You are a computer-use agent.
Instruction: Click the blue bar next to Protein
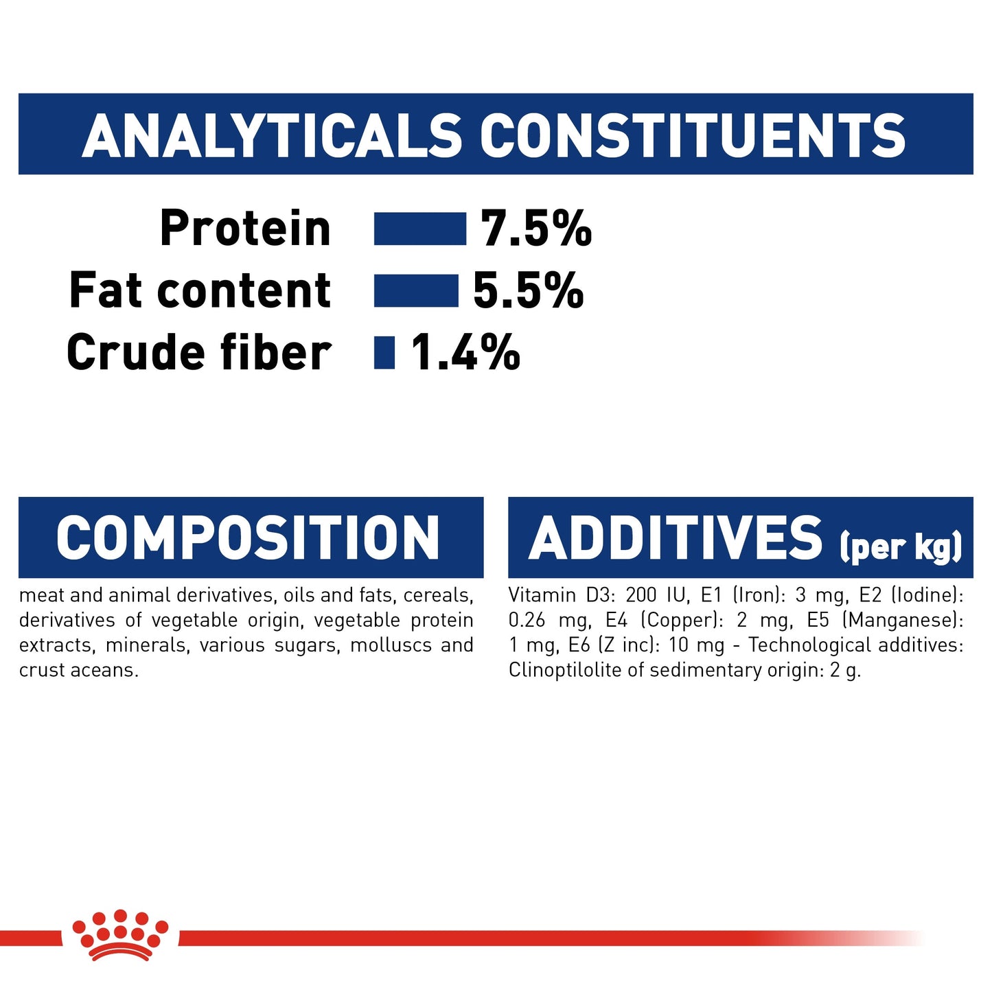pyautogui.click(x=419, y=229)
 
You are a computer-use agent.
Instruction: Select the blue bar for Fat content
pyautogui.click(x=415, y=290)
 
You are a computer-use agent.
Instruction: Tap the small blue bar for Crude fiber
pyautogui.click(x=384, y=352)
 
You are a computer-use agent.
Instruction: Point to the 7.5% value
pyautogui.click(x=535, y=229)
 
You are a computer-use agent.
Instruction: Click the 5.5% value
pyautogui.click(x=528, y=290)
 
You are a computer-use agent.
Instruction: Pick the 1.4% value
pyautogui.click(x=465, y=352)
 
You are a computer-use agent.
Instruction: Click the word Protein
pyautogui.click(x=245, y=229)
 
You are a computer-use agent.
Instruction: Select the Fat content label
pyautogui.click(x=200, y=290)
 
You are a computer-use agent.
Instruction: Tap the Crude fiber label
pyautogui.click(x=199, y=352)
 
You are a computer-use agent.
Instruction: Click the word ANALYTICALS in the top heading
pyautogui.click(x=273, y=135)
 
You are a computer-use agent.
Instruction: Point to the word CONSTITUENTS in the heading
pyautogui.click(x=693, y=135)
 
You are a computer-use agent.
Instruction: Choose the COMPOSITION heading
pyautogui.click(x=248, y=538)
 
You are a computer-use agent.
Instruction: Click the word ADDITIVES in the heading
pyautogui.click(x=676, y=538)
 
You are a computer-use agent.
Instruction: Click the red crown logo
pyautogui.click(x=120, y=934)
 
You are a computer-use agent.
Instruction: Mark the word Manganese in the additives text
pyautogui.click(x=901, y=621)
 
